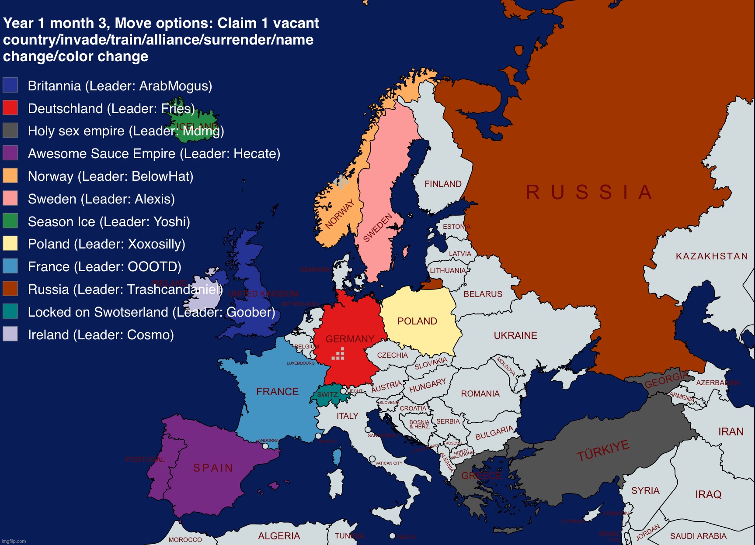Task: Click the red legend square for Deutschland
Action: click(10, 107)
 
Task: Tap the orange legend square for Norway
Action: click(10, 176)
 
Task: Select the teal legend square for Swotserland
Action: click(10, 311)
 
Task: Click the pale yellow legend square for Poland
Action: click(10, 243)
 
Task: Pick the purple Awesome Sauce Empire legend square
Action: click(10, 153)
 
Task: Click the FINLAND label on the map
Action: click(443, 184)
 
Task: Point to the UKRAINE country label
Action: click(515, 335)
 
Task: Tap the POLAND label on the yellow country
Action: click(417, 321)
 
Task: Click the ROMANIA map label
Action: click(480, 393)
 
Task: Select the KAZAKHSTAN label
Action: click(712, 256)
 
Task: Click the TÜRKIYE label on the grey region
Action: click(603, 450)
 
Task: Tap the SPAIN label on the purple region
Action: click(213, 468)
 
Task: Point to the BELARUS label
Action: click(483, 294)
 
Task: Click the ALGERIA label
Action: click(279, 536)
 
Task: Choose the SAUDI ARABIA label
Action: click(698, 536)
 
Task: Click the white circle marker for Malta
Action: click(392, 536)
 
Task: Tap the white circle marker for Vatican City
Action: click(372, 459)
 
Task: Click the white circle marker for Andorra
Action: click(265, 446)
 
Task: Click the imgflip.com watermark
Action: click(14, 541)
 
